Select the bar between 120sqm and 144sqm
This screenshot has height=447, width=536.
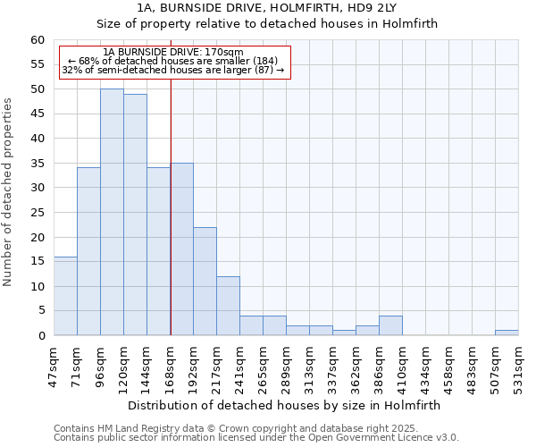[x=135, y=215]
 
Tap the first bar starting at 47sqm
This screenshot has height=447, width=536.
[x=65, y=296]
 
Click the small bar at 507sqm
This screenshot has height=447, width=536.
[x=507, y=333]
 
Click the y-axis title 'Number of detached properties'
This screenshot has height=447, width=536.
[x=9, y=192]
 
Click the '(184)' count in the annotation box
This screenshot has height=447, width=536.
[x=270, y=61]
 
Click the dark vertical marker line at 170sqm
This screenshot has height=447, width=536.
[x=171, y=223]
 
